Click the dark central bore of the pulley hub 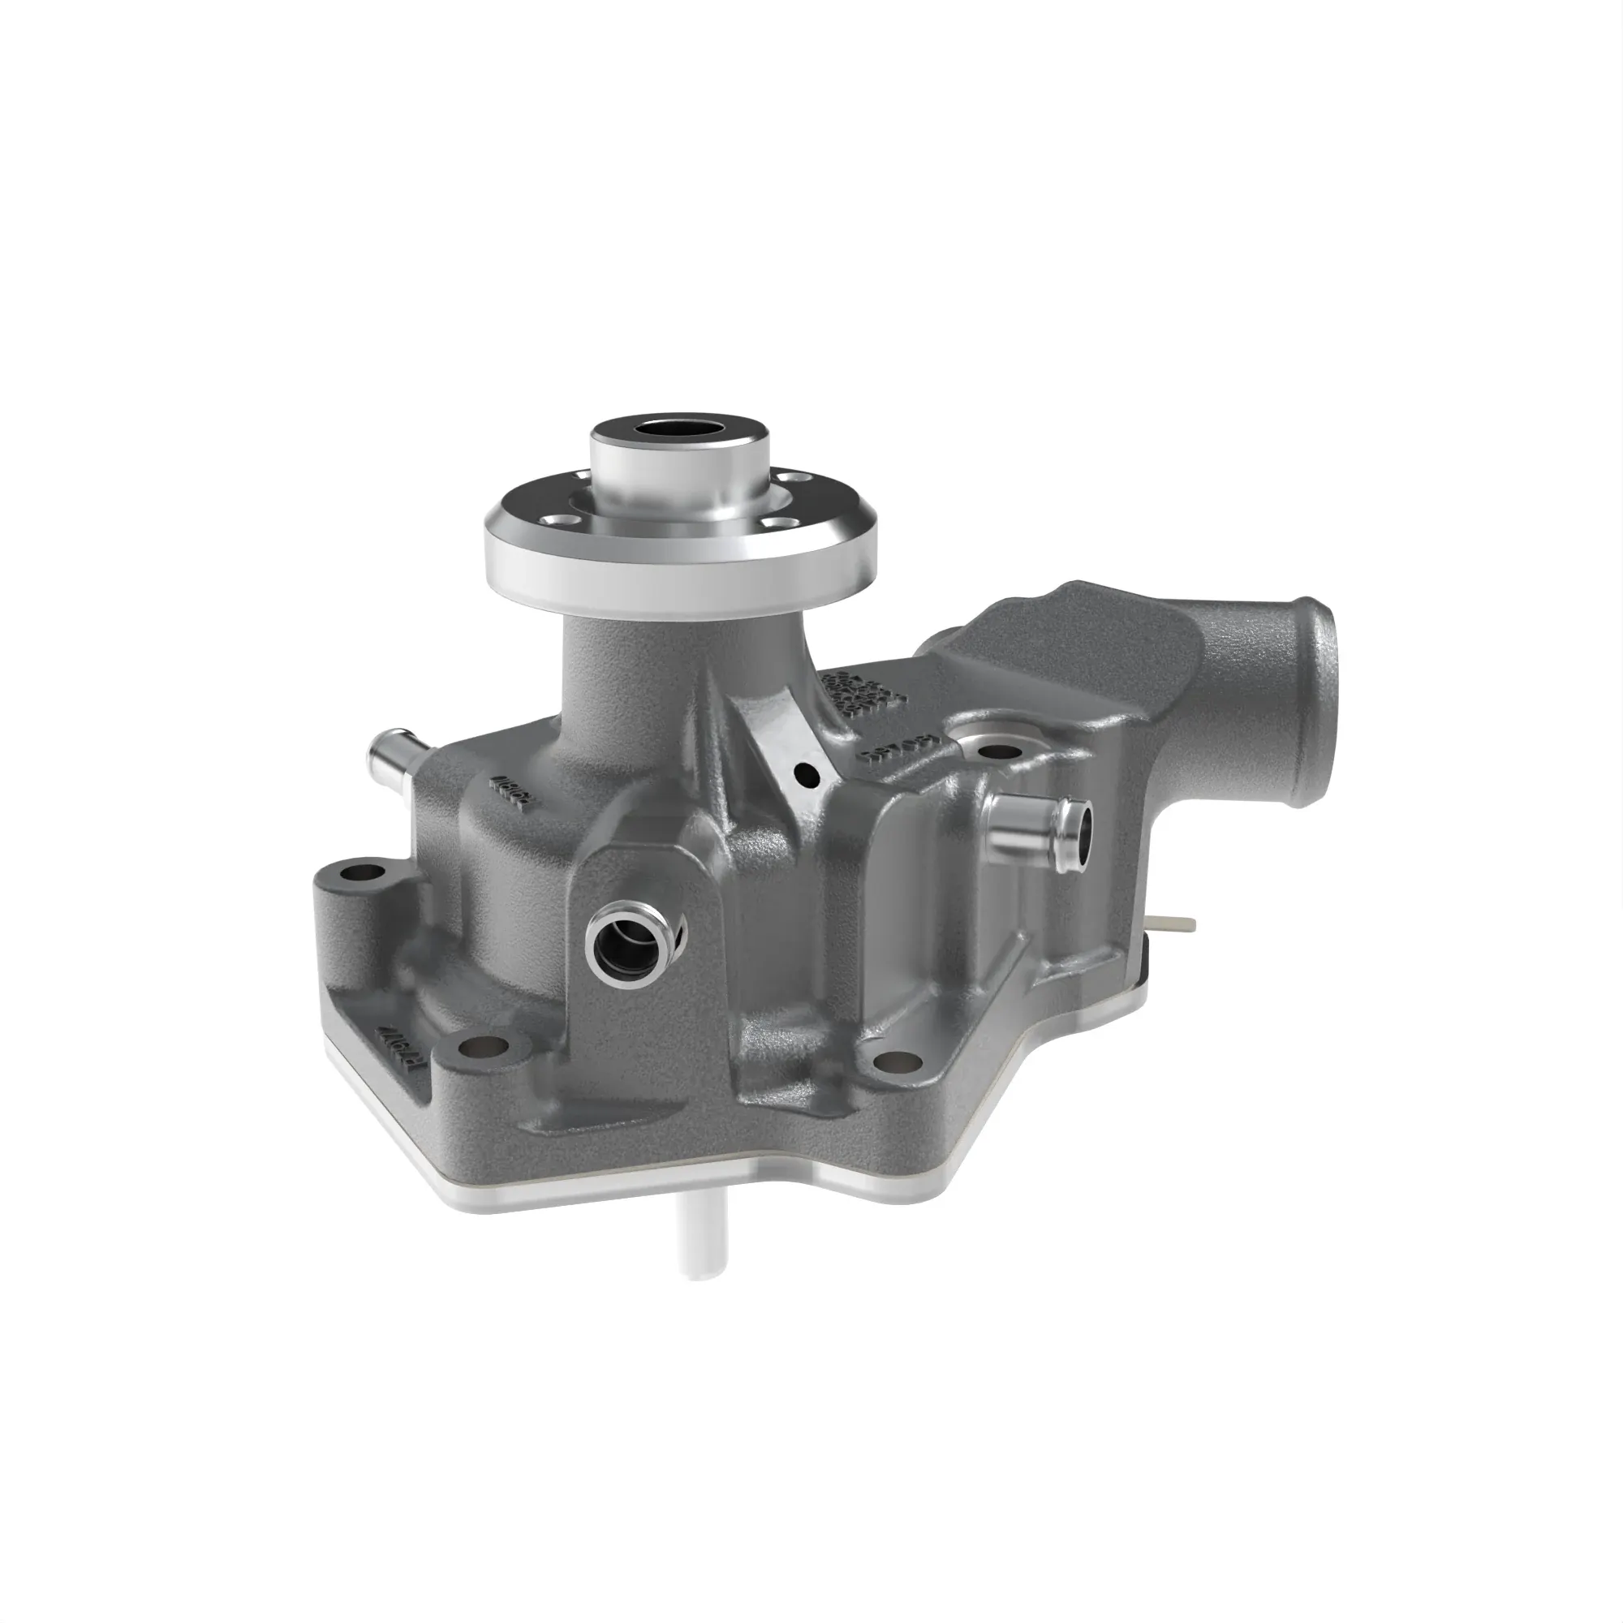click(x=679, y=429)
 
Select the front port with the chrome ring click(x=629, y=939)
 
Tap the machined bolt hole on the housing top click(x=996, y=750)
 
